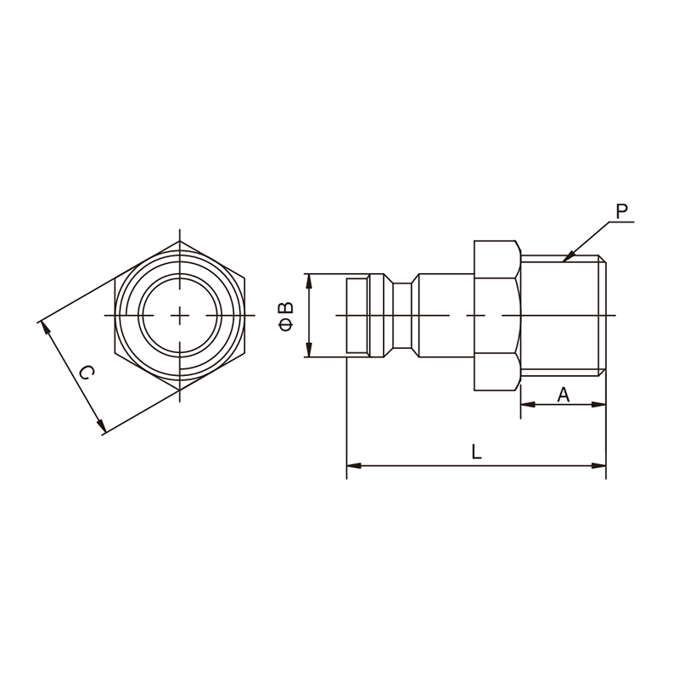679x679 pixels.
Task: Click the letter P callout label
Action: click(622, 211)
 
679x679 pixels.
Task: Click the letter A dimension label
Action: click(563, 395)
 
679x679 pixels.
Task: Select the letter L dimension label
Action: click(476, 452)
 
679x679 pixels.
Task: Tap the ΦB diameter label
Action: click(287, 317)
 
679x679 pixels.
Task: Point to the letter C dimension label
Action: click(87, 373)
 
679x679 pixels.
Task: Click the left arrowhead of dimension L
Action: click(354, 465)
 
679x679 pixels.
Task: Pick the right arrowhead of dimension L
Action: click(599, 465)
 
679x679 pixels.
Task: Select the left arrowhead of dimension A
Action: click(528, 405)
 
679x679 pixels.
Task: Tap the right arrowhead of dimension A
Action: click(598, 405)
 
